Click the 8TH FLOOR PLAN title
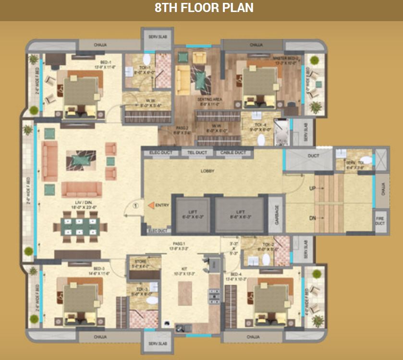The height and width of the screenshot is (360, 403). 204,9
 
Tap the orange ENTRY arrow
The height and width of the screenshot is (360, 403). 150,206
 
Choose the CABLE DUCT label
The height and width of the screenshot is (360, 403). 233,153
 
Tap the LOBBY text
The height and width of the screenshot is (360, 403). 208,171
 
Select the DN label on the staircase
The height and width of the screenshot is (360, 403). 313,218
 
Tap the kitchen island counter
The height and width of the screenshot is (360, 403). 185,293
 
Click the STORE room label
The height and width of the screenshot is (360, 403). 144,262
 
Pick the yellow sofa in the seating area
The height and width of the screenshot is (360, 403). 183,80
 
